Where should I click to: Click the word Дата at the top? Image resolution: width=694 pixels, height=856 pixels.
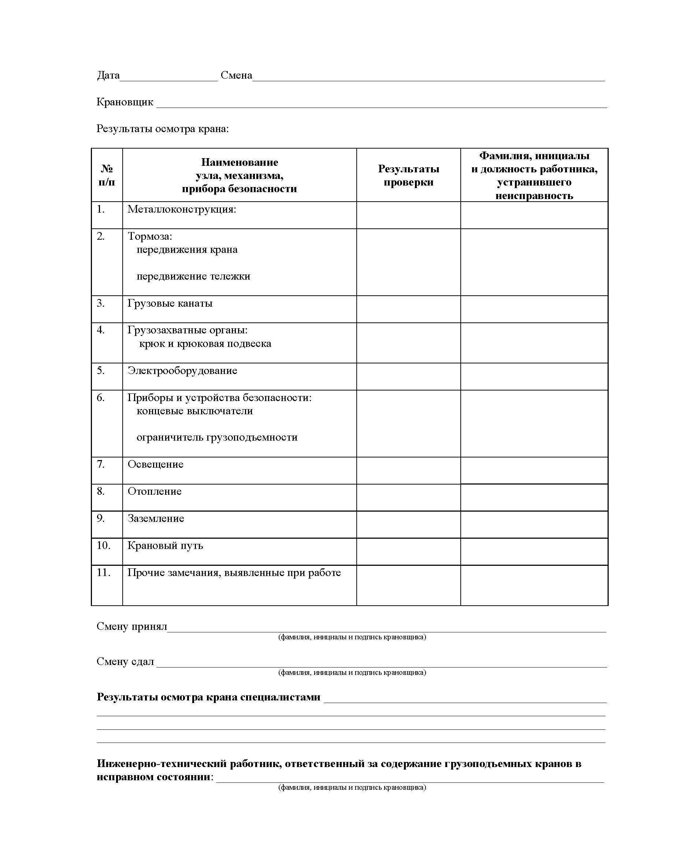108,75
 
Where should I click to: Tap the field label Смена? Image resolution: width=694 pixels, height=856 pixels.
236,75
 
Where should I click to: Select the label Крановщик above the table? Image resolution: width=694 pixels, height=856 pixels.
125,102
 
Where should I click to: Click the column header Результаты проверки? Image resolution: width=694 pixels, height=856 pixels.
408,175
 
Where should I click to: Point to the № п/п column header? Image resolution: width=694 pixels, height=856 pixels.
107,175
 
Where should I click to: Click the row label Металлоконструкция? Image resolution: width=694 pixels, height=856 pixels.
182,209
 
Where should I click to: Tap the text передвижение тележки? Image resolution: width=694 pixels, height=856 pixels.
193,276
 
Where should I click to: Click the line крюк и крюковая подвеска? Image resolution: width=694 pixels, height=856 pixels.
205,344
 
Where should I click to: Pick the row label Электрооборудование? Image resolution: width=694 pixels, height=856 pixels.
182,370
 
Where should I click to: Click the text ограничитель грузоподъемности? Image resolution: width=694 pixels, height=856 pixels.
217,437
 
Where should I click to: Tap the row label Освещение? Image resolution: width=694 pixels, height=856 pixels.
156,464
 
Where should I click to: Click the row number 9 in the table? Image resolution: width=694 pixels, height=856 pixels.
101,518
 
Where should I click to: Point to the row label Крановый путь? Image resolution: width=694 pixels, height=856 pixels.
165,545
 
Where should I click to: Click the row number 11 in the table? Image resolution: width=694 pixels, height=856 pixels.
103,572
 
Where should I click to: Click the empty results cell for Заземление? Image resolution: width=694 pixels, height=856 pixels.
408,524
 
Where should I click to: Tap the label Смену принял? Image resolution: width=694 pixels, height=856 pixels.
131,626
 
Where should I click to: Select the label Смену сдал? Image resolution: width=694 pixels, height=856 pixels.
125,661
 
